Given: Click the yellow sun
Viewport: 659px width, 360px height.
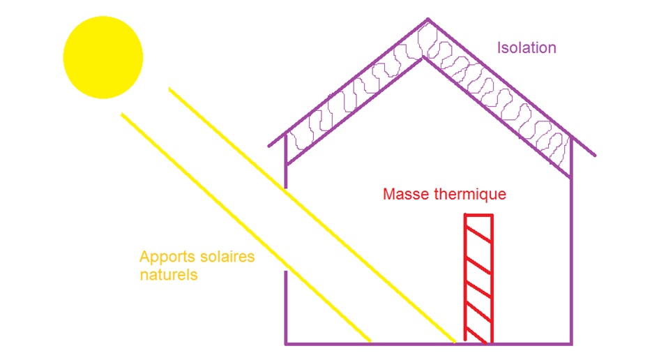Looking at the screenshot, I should (x=103, y=57).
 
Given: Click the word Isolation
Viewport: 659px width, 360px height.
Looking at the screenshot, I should (x=527, y=48).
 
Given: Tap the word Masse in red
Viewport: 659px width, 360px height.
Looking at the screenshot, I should (x=404, y=194).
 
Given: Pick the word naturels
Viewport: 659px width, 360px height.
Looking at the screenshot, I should (x=168, y=275).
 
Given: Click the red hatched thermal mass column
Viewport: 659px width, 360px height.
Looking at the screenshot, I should (x=478, y=279).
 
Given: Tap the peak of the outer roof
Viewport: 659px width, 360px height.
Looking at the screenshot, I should (x=428, y=20).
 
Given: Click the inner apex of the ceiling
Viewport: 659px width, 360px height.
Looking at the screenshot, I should (x=423, y=59).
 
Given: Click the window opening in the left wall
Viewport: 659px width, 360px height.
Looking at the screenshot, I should (x=286, y=230).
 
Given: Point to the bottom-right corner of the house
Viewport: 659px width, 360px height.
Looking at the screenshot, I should (x=571, y=343).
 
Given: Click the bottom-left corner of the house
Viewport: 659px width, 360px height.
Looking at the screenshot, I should (x=286, y=343).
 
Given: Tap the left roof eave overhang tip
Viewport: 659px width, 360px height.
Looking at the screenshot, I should (x=269, y=147).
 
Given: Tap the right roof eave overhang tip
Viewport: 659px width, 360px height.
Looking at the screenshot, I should (x=595, y=156).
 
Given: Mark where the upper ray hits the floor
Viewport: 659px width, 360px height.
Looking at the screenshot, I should (x=455, y=342).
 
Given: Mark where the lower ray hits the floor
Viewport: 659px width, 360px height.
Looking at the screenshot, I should (x=370, y=342).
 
